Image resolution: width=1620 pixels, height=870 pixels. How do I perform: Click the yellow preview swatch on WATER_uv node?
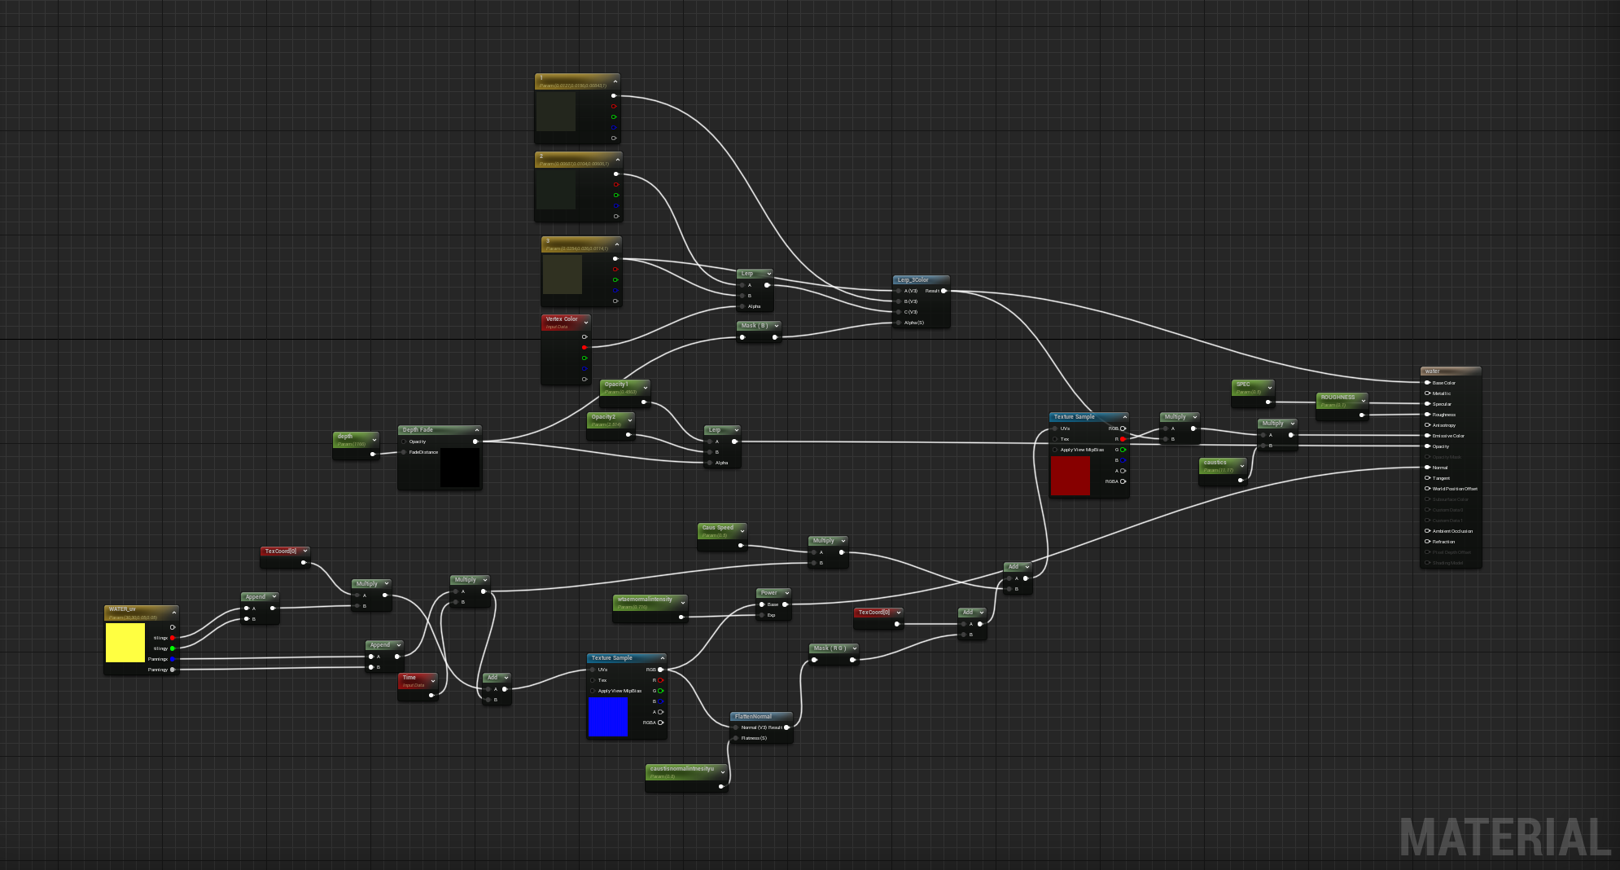click(x=125, y=643)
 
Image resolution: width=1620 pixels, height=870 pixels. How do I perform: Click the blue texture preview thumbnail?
click(x=608, y=717)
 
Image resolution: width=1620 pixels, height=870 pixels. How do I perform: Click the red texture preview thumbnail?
click(x=1070, y=476)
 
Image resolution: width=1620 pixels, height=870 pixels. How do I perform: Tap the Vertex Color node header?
click(x=562, y=319)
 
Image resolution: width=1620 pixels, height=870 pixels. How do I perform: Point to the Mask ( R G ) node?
click(x=830, y=648)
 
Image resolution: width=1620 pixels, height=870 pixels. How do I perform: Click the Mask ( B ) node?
click(x=755, y=326)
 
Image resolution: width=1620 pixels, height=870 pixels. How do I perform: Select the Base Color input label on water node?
click(x=1444, y=383)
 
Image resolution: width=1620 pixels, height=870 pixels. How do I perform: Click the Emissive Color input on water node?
click(x=1448, y=436)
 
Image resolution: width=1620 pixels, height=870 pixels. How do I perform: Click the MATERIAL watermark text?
click(x=1504, y=837)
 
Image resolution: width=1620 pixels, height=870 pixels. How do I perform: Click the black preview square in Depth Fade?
click(x=460, y=468)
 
